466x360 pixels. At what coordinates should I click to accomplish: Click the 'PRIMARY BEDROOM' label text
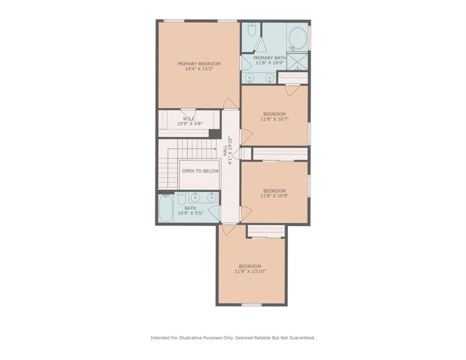[199, 64]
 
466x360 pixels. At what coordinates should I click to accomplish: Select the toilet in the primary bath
[251, 30]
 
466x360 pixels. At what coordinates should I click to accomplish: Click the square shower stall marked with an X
[297, 61]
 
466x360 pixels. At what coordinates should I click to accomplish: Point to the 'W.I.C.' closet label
[190, 119]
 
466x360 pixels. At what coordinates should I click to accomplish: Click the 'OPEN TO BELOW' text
[200, 171]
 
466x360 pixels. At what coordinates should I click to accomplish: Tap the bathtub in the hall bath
[166, 208]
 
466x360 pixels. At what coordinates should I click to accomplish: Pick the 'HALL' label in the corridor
[225, 151]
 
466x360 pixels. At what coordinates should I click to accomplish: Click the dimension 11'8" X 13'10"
[250, 271]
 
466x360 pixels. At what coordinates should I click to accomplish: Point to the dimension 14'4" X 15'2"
[199, 69]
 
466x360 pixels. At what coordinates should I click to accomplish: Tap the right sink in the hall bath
[211, 197]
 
